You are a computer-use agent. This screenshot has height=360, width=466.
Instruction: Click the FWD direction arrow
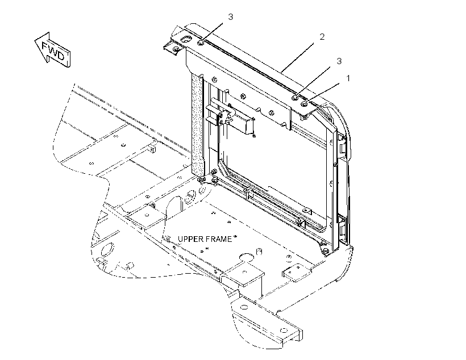coord(52,50)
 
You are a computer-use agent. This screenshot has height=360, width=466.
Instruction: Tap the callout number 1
coord(348,78)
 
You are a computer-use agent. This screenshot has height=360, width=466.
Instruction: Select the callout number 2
coord(322,37)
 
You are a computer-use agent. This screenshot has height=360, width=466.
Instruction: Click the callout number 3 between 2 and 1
coord(339,61)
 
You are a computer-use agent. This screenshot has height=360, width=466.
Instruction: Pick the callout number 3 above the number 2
coord(231,17)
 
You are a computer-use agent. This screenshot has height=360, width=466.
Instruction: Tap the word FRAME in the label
coord(221,239)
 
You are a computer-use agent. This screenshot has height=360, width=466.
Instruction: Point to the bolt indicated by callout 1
coord(305,104)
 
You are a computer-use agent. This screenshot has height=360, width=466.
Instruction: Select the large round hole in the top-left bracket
coord(187,40)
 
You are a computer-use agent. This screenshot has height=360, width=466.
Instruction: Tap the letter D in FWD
coord(60,56)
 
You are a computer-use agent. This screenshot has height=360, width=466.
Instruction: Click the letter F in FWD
coord(45,47)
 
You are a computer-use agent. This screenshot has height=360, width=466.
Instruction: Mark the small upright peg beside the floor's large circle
coord(259,252)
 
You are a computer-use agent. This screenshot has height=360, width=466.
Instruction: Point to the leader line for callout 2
coord(297,57)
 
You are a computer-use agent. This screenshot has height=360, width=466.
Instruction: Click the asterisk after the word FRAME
coord(235,236)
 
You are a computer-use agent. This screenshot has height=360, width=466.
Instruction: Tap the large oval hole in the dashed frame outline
coord(107,249)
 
